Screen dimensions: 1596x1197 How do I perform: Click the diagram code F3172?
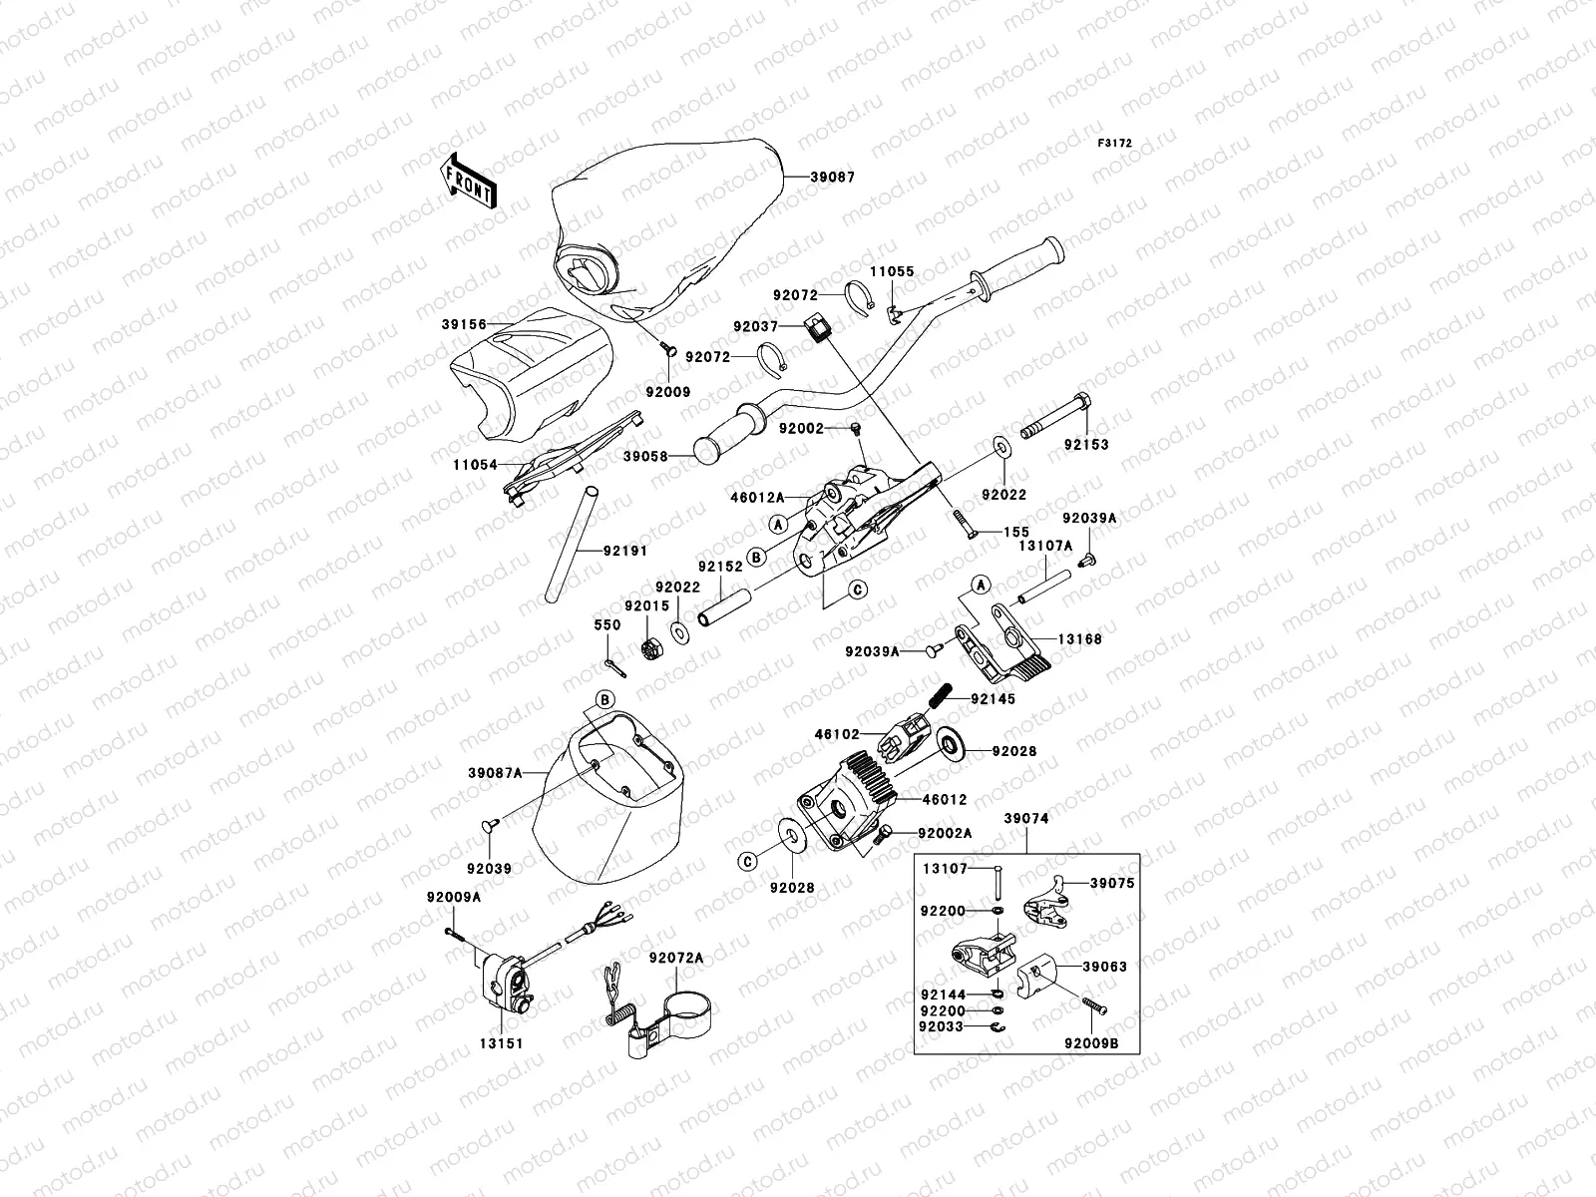[x=1114, y=144]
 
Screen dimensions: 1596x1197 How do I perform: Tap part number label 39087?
[x=833, y=177]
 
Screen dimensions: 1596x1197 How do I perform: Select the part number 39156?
[x=464, y=324]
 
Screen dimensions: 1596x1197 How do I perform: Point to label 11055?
[x=892, y=271]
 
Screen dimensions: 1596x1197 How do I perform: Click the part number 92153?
[x=1086, y=444]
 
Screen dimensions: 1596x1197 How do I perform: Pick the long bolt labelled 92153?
[x=1055, y=415]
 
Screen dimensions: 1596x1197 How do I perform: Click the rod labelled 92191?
[x=573, y=545]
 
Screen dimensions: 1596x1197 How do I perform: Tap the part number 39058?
[x=645, y=457]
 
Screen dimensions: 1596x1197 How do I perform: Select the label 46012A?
[x=758, y=497]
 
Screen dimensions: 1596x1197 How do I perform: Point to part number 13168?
[x=1079, y=638]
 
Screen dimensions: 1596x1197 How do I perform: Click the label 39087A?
[x=495, y=773]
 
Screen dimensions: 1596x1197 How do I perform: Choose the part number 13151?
[x=501, y=1043]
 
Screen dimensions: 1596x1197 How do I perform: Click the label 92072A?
[x=676, y=958]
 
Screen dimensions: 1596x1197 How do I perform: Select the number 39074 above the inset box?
[x=1026, y=818]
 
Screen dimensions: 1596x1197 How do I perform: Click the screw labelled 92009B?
[x=1093, y=1005]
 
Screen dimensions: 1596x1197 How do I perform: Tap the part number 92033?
[x=942, y=1026]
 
